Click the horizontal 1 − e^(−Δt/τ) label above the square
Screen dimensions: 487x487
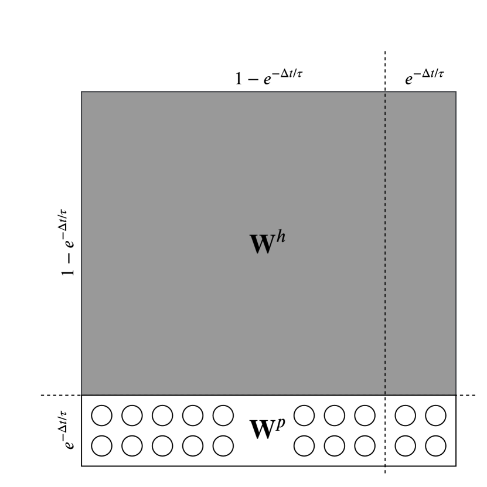[x=269, y=79]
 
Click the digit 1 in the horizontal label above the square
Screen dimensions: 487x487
[x=239, y=80]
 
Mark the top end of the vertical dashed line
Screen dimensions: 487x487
[x=385, y=53]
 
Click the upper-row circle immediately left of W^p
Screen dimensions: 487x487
[x=223, y=416]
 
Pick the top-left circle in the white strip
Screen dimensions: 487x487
[x=101, y=416]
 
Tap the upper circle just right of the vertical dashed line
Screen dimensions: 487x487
[x=404, y=416]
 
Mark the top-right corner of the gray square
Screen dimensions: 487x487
[x=456, y=92]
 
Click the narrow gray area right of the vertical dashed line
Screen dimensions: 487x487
[x=420, y=243]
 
